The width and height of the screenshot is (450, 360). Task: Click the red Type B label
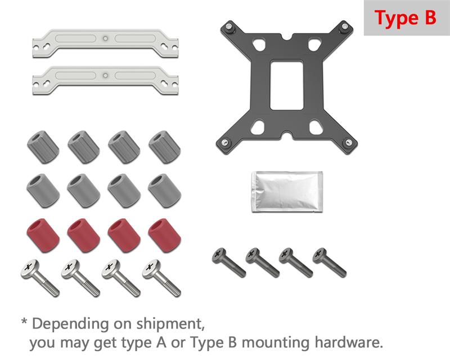[x=405, y=18]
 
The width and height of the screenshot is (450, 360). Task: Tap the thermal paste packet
[x=287, y=192]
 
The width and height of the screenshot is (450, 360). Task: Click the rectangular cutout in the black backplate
[x=287, y=85]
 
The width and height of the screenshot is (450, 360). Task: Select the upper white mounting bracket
[x=105, y=43]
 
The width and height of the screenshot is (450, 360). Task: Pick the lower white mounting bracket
[x=105, y=80]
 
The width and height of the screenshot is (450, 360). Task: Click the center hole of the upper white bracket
[x=106, y=38]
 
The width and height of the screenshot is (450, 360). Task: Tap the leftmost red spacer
[x=43, y=236]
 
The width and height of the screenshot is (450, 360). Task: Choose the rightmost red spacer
[x=164, y=236]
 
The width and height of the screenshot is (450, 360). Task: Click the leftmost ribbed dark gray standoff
[x=43, y=147]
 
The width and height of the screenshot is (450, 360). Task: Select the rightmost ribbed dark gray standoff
[x=164, y=147]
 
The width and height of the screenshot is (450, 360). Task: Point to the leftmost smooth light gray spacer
[x=43, y=190]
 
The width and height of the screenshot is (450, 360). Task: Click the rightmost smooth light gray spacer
[x=164, y=190]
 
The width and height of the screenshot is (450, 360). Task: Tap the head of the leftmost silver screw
[x=30, y=269]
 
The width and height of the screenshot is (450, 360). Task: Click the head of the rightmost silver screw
[x=151, y=269]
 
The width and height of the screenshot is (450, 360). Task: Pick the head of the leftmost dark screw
[x=219, y=255]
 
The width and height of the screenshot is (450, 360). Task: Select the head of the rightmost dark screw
[x=319, y=255]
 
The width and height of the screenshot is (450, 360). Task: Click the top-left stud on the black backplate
[x=229, y=27]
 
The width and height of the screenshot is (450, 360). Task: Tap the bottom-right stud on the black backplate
[x=348, y=142]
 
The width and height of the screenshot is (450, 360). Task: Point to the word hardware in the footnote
[x=349, y=342]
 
